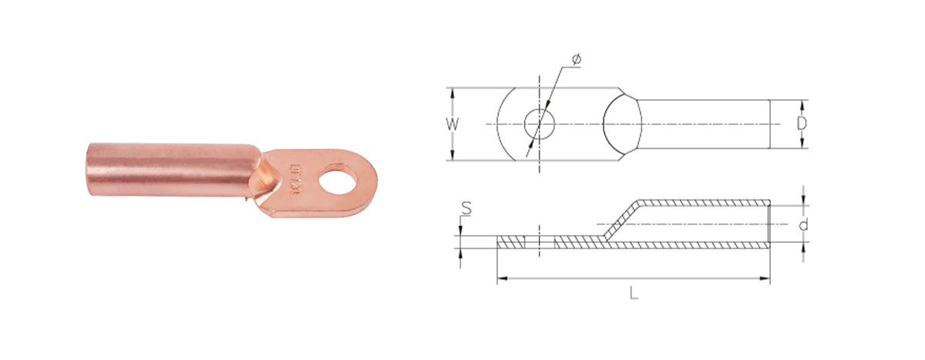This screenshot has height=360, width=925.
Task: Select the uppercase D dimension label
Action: click(x=801, y=123)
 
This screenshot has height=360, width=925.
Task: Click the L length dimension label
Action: click(x=633, y=293)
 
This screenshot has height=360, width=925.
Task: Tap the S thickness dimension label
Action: click(x=467, y=206)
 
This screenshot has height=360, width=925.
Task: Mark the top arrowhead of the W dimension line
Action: click(x=452, y=91)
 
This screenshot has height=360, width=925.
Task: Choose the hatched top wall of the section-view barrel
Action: click(x=701, y=203)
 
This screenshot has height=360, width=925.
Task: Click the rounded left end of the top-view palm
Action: click(x=502, y=123)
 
